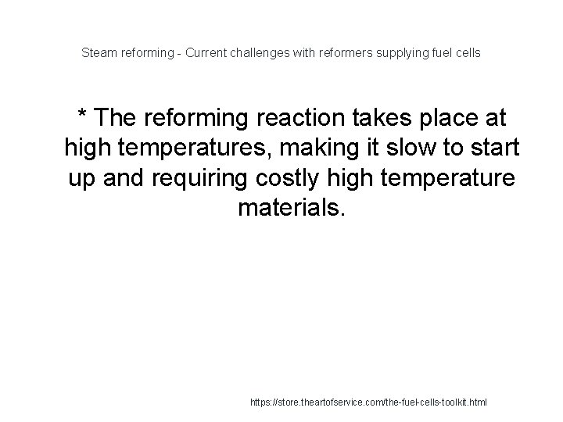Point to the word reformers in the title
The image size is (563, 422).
pos(336,53)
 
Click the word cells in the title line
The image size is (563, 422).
pos(468,53)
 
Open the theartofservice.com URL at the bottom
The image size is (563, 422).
pos(368,402)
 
